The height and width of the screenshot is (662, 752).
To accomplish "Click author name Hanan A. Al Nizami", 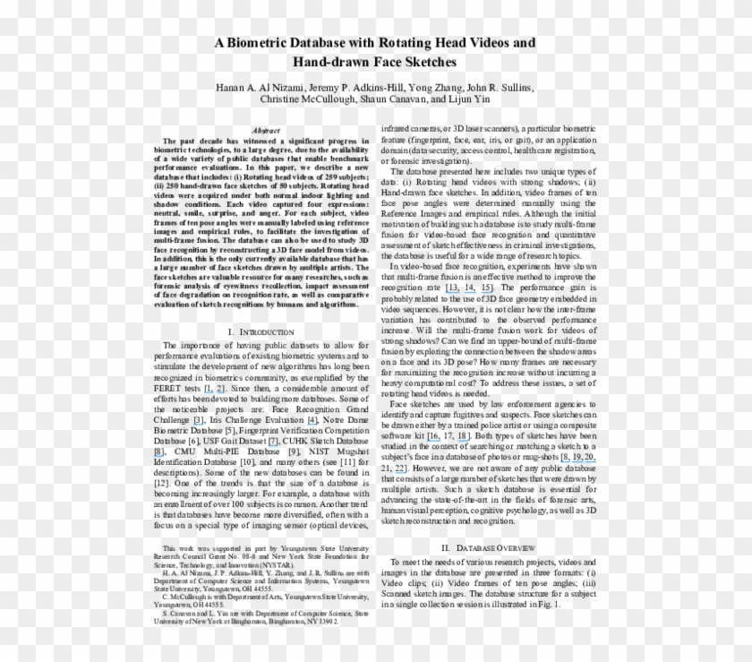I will pos(261,88).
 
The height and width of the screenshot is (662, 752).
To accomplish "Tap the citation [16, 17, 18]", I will pos(445,434).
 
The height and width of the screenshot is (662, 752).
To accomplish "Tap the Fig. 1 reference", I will pos(547,605).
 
